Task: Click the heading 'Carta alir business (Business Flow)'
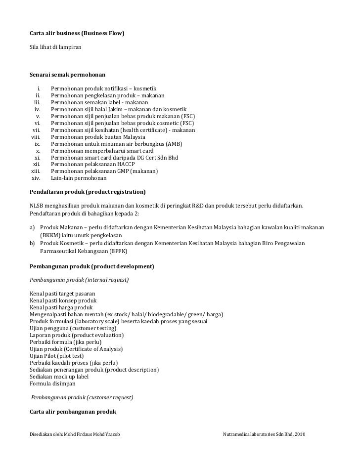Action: (77, 34)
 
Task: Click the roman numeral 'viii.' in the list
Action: (38, 137)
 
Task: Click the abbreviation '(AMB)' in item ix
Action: (174, 144)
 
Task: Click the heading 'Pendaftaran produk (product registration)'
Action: (88, 191)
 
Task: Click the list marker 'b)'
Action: (33, 244)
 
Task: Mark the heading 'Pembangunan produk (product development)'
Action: (92, 266)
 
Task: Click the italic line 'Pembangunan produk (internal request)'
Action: (79, 280)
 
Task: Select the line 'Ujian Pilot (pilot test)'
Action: (57, 356)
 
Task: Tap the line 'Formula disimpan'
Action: (52, 383)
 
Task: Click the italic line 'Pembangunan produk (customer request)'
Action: (82, 397)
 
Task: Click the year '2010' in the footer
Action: (300, 433)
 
